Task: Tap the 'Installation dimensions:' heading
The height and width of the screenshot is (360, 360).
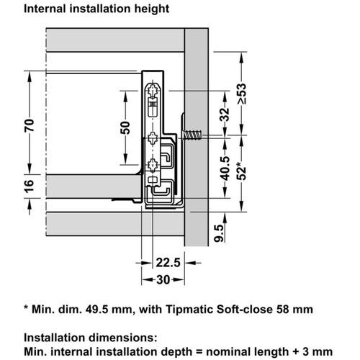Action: click(90, 336)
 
